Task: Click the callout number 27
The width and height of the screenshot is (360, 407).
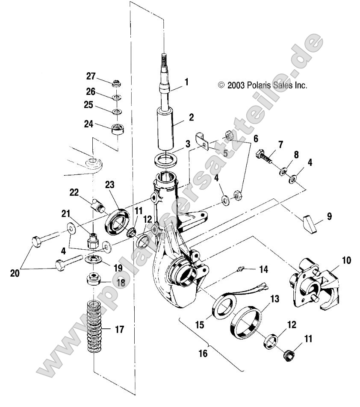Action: [91, 76]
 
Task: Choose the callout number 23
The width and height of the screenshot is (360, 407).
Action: [109, 185]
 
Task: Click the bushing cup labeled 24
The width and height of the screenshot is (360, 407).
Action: [116, 128]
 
